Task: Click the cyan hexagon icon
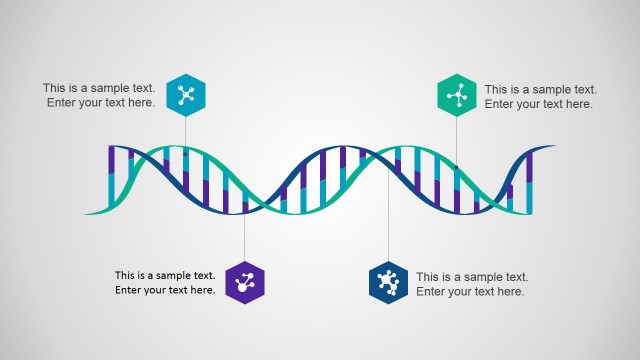tap(186, 95)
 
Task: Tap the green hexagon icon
tap(457, 95)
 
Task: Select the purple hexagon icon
tap(244, 283)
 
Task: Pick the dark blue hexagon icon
tap(388, 283)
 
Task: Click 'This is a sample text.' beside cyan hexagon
tap(99, 88)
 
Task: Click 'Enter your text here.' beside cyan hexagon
tap(100, 102)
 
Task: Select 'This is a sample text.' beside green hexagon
tap(541, 89)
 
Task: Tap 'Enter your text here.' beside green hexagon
tap(539, 103)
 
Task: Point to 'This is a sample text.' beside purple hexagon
tap(165, 276)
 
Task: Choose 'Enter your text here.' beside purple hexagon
tap(165, 290)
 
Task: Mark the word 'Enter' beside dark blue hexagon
tap(432, 291)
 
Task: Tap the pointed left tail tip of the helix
tap(86, 213)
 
